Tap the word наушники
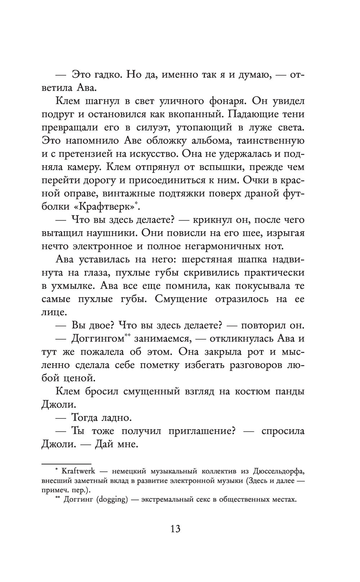111,233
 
